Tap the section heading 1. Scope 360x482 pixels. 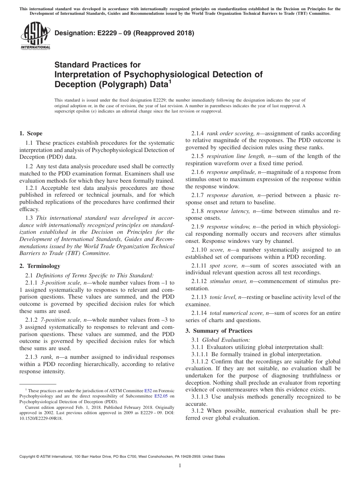pyautogui.click(x=31, y=133)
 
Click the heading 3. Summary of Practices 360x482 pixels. pyautogui.click(x=219, y=331)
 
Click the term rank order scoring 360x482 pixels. pyautogui.click(x=231, y=133)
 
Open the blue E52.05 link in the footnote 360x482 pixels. pyautogui.click(x=161, y=396)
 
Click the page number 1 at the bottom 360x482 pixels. pyautogui.click(x=180, y=466)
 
